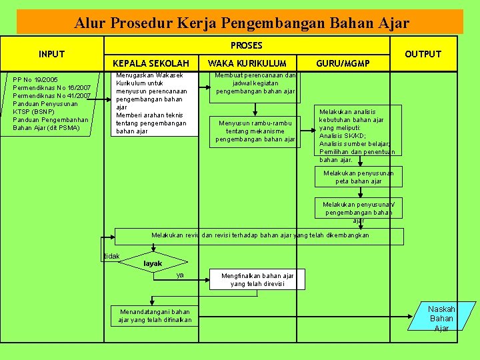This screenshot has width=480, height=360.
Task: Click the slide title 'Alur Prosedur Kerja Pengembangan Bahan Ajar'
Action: coord(241,23)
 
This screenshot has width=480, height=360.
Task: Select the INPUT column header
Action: coord(52,54)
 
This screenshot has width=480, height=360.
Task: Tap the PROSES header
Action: coord(246,46)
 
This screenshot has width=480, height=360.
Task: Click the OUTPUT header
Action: coord(423,54)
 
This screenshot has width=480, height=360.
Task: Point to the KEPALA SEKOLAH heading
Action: coord(151,63)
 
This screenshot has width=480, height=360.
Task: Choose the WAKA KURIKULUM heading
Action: coord(247,63)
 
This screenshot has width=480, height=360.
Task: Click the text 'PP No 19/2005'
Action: coord(35,80)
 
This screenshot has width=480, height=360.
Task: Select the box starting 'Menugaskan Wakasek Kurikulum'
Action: coord(154,103)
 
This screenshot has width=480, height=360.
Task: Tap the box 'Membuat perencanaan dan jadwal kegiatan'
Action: coord(256,83)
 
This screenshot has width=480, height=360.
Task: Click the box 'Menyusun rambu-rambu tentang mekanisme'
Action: coord(255,131)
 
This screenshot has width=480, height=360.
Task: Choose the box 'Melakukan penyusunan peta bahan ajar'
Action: coord(359,177)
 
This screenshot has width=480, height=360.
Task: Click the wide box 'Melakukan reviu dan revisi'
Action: coord(260,235)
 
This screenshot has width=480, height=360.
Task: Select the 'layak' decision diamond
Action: coord(153,263)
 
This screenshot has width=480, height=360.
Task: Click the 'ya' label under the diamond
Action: coord(180,275)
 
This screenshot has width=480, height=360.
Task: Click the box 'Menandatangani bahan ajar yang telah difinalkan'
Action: coord(155,316)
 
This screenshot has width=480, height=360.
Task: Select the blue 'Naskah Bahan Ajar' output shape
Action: coord(441,318)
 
